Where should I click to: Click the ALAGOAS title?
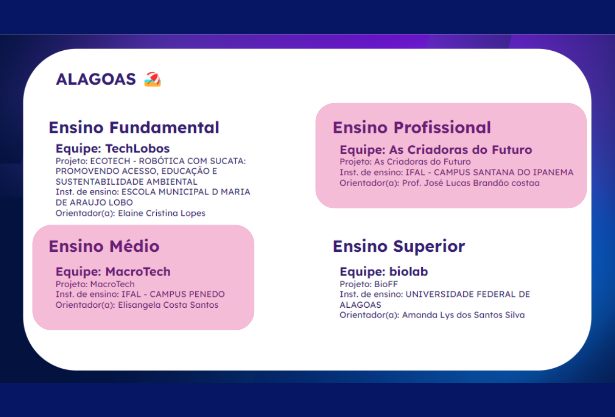96,80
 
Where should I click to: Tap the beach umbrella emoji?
153,80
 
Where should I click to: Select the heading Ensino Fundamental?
134,128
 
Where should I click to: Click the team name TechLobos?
137,149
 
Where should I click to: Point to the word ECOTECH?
110,161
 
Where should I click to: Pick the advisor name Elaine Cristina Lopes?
162,213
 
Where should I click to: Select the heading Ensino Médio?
104,246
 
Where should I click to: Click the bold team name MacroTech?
138,272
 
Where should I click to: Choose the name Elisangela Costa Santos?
168,305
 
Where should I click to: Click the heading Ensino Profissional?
412,128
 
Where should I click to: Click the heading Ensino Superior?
399,246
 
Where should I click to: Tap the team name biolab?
408,272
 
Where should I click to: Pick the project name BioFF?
386,284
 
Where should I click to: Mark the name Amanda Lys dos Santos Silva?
463,315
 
